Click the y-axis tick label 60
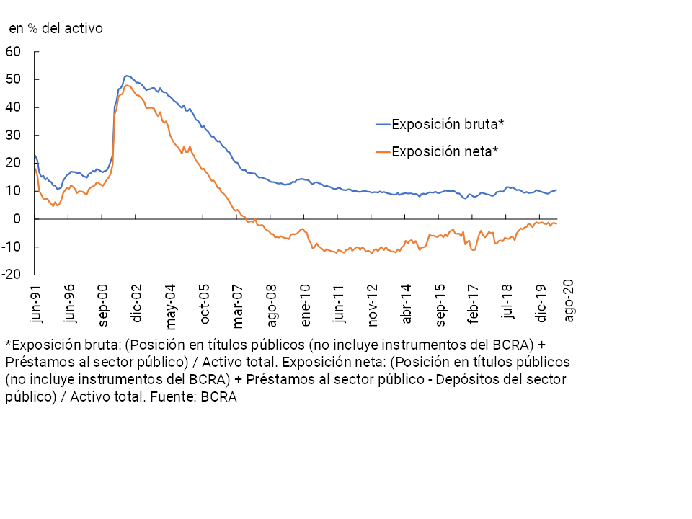click(x=13, y=51)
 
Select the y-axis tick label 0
click(x=18, y=219)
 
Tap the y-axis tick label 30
click(x=13, y=136)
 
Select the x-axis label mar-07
click(x=237, y=304)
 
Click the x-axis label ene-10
click(x=306, y=304)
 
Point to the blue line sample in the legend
click(x=383, y=124)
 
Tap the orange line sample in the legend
click(x=383, y=151)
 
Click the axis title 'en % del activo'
click(x=56, y=29)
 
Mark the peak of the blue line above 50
click(x=127, y=75)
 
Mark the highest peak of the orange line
click(x=128, y=85)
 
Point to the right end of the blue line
click(x=556, y=190)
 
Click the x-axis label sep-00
click(x=103, y=304)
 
